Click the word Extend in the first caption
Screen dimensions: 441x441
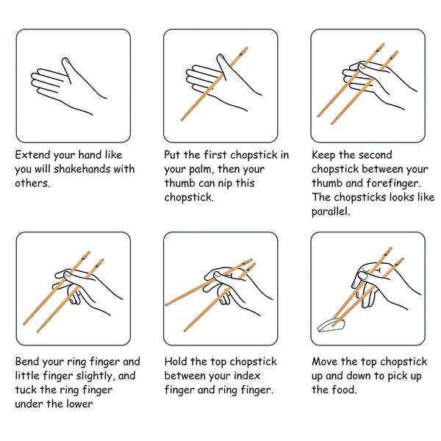pos(33,154)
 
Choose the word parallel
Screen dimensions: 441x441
pos(331,211)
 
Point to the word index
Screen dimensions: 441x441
pos(247,376)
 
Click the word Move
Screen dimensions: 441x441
pos(324,362)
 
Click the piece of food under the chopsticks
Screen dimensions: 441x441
pos(331,326)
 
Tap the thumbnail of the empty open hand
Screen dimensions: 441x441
pos(65,60)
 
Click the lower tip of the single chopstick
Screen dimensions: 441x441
pos(182,120)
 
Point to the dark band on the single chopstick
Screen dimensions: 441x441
pos(241,53)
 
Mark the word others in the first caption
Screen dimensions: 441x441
pos(32,183)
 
